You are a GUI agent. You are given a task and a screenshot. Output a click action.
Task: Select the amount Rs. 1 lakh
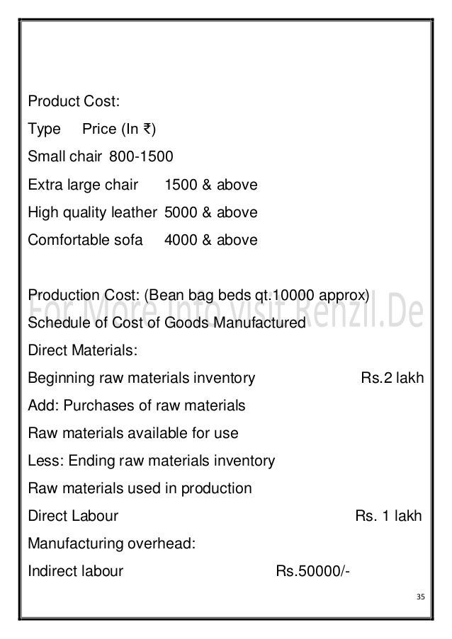click(388, 516)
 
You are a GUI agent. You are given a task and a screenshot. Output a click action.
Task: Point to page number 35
click(419, 596)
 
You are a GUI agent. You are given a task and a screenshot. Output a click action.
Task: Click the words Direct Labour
click(72, 516)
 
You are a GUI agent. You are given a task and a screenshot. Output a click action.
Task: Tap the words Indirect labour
click(75, 571)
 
